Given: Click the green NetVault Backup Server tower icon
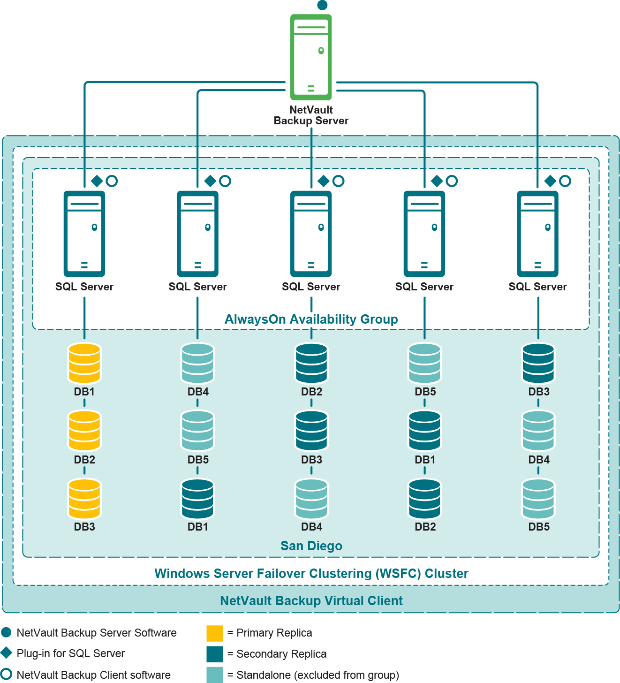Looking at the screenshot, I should [x=311, y=57].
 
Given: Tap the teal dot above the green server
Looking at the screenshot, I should [x=322, y=5].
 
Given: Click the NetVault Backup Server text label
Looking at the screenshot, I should [x=311, y=115].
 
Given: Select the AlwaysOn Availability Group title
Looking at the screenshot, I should [x=311, y=319].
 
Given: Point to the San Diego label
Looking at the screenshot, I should [x=311, y=546].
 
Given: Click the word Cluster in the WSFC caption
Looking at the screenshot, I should [x=446, y=574].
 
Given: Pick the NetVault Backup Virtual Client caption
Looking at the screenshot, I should [x=311, y=601].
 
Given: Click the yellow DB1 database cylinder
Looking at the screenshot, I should [x=84, y=364].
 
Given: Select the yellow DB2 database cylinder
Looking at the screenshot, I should [x=84, y=431].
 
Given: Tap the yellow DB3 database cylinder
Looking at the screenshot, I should [x=84, y=498].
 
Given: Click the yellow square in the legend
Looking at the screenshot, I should [x=215, y=633].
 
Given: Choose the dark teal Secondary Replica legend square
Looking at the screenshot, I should [x=215, y=654].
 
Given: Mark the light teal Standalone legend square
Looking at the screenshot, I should [x=215, y=675].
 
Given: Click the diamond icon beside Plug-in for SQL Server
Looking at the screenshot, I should [x=7, y=653].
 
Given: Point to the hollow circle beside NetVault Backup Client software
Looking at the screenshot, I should [x=7, y=674].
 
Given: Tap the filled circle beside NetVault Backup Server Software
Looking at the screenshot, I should [x=7, y=632].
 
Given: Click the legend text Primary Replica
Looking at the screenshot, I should [x=274, y=633].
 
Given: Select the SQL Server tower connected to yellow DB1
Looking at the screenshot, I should [x=84, y=234].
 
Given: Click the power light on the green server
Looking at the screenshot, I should [x=321, y=51].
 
